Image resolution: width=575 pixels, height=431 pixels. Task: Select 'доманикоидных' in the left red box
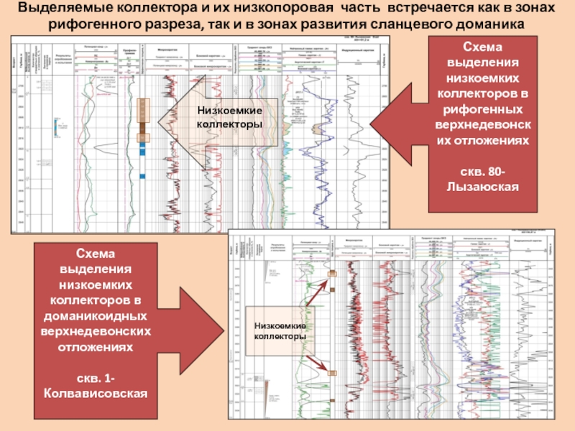(x=96, y=315)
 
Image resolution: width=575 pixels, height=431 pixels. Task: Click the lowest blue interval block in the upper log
(x=142, y=176)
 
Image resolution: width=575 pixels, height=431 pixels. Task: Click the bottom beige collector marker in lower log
(x=332, y=372)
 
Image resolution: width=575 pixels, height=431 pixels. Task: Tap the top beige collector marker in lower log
(x=332, y=274)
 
